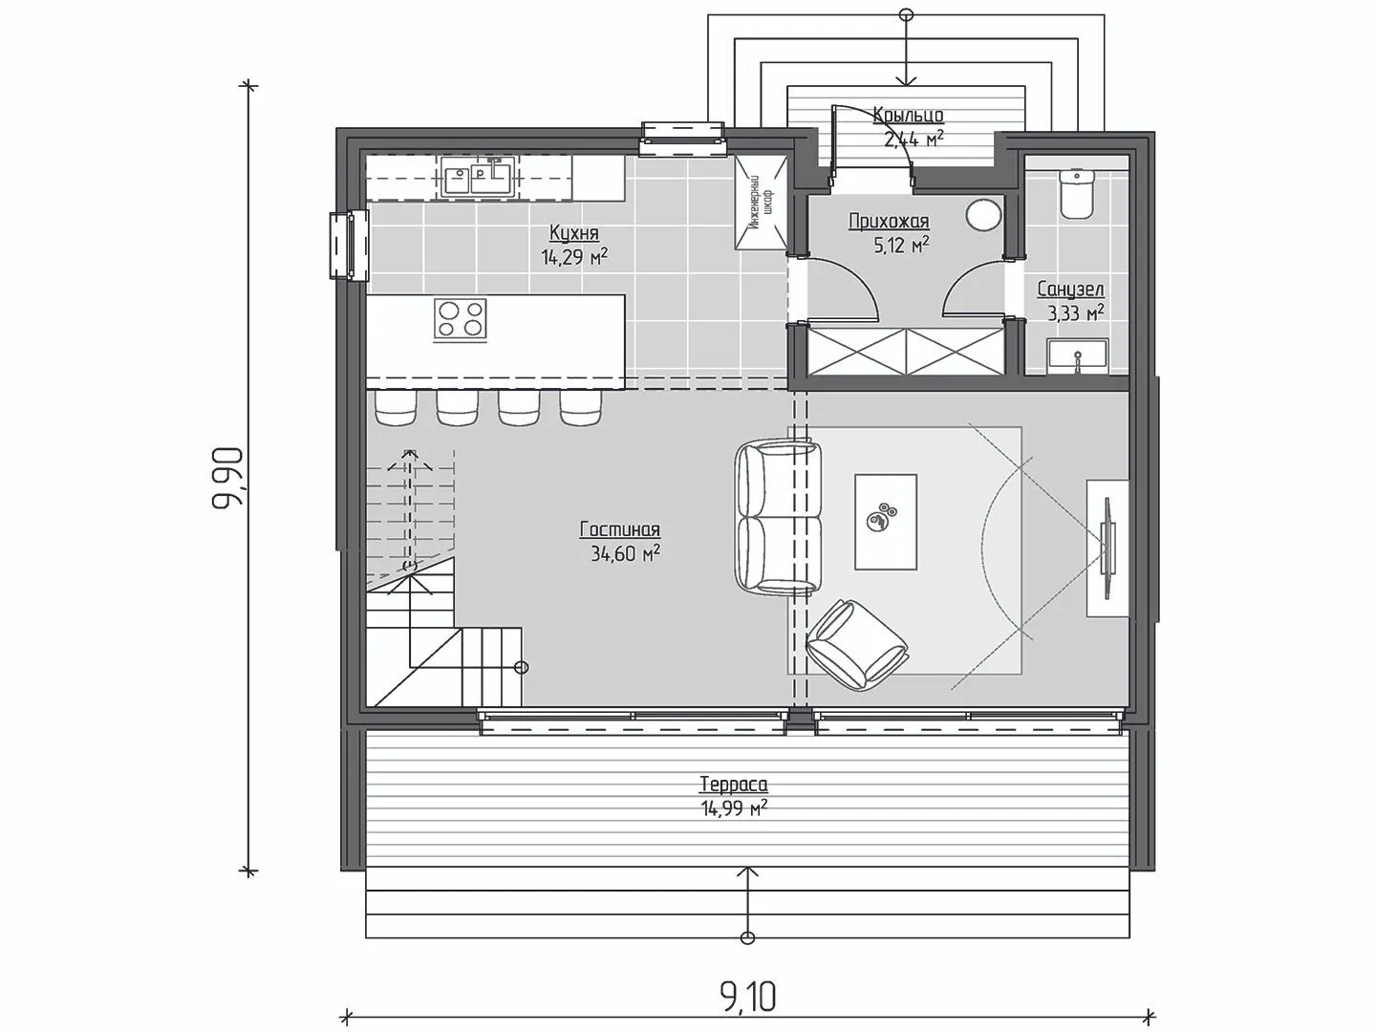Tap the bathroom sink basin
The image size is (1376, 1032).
(1078, 356)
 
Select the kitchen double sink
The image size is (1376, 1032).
(478, 177)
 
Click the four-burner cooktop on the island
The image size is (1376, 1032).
(461, 319)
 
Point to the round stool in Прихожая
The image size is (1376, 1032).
(983, 215)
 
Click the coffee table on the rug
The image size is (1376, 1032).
(886, 522)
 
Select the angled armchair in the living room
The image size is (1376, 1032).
(857, 645)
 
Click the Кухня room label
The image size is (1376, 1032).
(574, 233)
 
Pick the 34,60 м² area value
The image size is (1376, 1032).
(625, 553)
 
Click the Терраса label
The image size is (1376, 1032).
(734, 785)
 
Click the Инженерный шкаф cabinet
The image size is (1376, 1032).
(761, 203)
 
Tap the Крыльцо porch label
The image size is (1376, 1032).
(909, 116)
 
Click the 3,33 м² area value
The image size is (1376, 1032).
(1076, 312)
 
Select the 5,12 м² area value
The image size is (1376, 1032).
(901, 245)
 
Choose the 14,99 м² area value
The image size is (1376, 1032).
(734, 809)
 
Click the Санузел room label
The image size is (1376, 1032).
(1071, 290)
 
